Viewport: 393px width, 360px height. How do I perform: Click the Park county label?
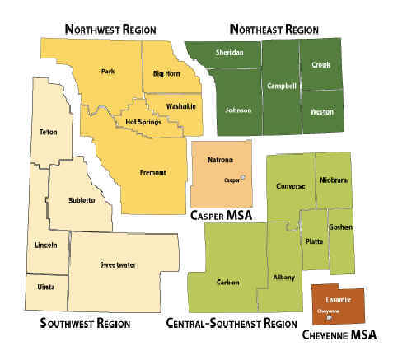[107, 72]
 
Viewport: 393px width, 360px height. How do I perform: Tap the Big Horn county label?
[167, 75]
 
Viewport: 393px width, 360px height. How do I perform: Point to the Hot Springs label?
[143, 122]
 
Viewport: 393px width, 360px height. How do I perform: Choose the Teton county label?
[49, 132]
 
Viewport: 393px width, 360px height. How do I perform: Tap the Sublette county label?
[81, 200]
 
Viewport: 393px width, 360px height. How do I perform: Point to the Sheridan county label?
[230, 52]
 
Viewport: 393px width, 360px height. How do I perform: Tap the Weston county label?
[322, 111]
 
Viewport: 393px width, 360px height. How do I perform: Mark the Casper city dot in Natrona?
[243, 178]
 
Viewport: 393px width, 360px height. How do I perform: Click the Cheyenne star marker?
[329, 317]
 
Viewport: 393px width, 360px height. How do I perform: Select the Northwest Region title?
[110, 30]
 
